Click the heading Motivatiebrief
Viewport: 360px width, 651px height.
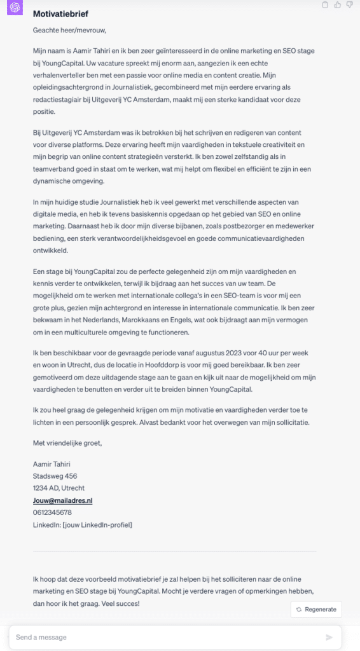click(x=60, y=13)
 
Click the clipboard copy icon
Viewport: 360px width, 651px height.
click(x=326, y=5)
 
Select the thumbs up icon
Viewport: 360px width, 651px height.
click(x=337, y=5)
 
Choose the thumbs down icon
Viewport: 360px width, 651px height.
click(x=349, y=5)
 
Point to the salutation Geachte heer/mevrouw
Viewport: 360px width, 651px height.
click(x=69, y=30)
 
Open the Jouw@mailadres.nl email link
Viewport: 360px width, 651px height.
click(x=62, y=500)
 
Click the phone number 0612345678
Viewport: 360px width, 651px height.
click(x=52, y=512)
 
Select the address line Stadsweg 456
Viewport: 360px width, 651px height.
click(x=55, y=476)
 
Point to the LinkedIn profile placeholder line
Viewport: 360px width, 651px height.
click(x=82, y=524)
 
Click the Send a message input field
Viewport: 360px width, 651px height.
click(x=165, y=636)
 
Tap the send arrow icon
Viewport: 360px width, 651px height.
click(x=329, y=637)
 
